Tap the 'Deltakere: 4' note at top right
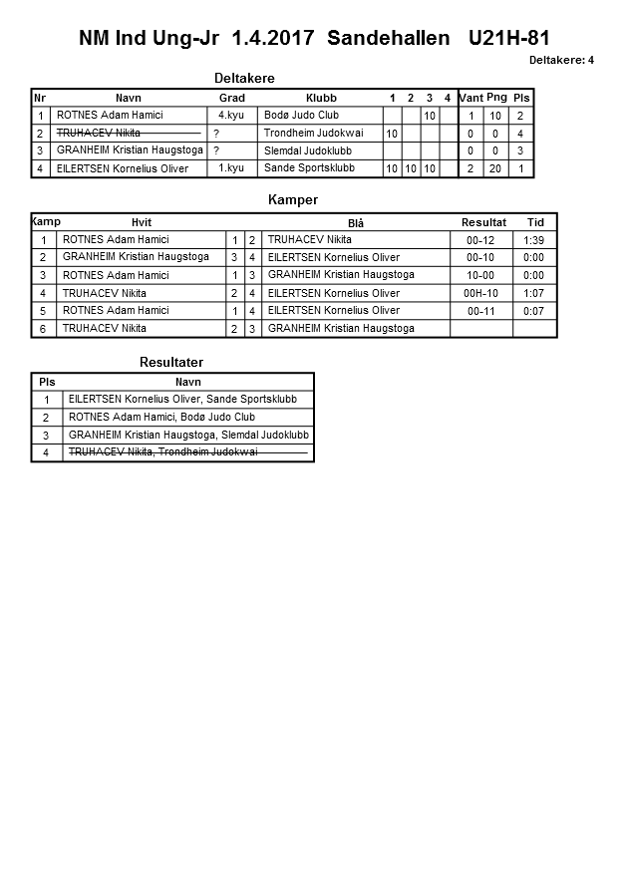coord(561,60)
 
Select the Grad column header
coord(231,98)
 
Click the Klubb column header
coord(321,98)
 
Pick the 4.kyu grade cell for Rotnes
coord(231,116)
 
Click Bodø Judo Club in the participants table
coord(301,116)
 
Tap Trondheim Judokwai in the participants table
coord(313,134)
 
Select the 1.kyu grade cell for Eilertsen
coord(231,168)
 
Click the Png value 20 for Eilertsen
coord(496,169)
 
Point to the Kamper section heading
coord(293,200)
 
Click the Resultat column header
coord(483,222)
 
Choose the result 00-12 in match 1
coord(480,240)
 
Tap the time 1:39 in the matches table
coord(534,240)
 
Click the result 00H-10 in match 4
coord(480,294)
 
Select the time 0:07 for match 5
coord(534,311)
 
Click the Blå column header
coord(356,223)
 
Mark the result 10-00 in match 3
coord(480,276)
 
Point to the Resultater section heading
coord(171,363)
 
